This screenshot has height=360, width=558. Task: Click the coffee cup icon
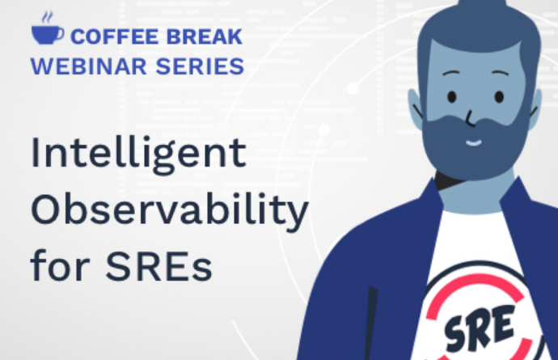[48, 35]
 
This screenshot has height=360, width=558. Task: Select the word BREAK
[205, 36]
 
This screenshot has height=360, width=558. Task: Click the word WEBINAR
[89, 66]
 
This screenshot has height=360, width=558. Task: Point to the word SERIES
[200, 66]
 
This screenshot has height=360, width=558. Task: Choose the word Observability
[170, 210]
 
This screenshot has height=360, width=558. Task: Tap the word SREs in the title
[159, 266]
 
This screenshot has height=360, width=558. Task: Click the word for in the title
[60, 265]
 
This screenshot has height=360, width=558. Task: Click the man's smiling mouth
[473, 143]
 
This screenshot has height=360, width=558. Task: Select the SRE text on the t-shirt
[480, 328]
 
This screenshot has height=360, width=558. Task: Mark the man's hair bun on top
[481, 6]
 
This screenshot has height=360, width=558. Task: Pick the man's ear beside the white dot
[416, 108]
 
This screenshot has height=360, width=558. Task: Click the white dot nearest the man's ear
[353, 88]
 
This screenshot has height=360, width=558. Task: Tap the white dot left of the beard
[323, 129]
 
